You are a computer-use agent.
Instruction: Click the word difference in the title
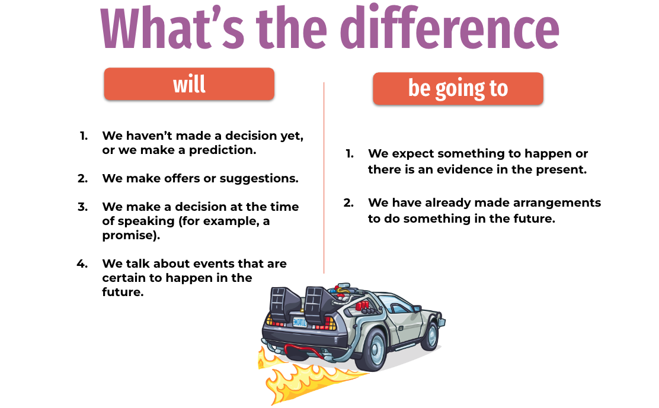tap(450, 28)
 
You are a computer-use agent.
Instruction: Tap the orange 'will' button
tap(189, 84)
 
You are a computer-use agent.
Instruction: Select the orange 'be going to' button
tap(458, 89)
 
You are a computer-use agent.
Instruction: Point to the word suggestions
tap(259, 179)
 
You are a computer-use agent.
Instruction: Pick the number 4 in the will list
tap(82, 264)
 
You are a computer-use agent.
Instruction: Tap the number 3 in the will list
tap(82, 207)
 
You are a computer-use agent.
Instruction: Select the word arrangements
tap(557, 203)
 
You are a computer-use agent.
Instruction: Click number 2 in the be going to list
tap(348, 203)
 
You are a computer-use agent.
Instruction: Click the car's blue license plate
tap(300, 322)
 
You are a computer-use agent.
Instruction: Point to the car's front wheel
tap(431, 336)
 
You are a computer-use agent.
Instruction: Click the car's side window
tap(397, 303)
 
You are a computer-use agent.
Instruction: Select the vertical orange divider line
tap(324, 178)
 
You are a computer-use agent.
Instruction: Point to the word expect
tap(412, 154)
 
